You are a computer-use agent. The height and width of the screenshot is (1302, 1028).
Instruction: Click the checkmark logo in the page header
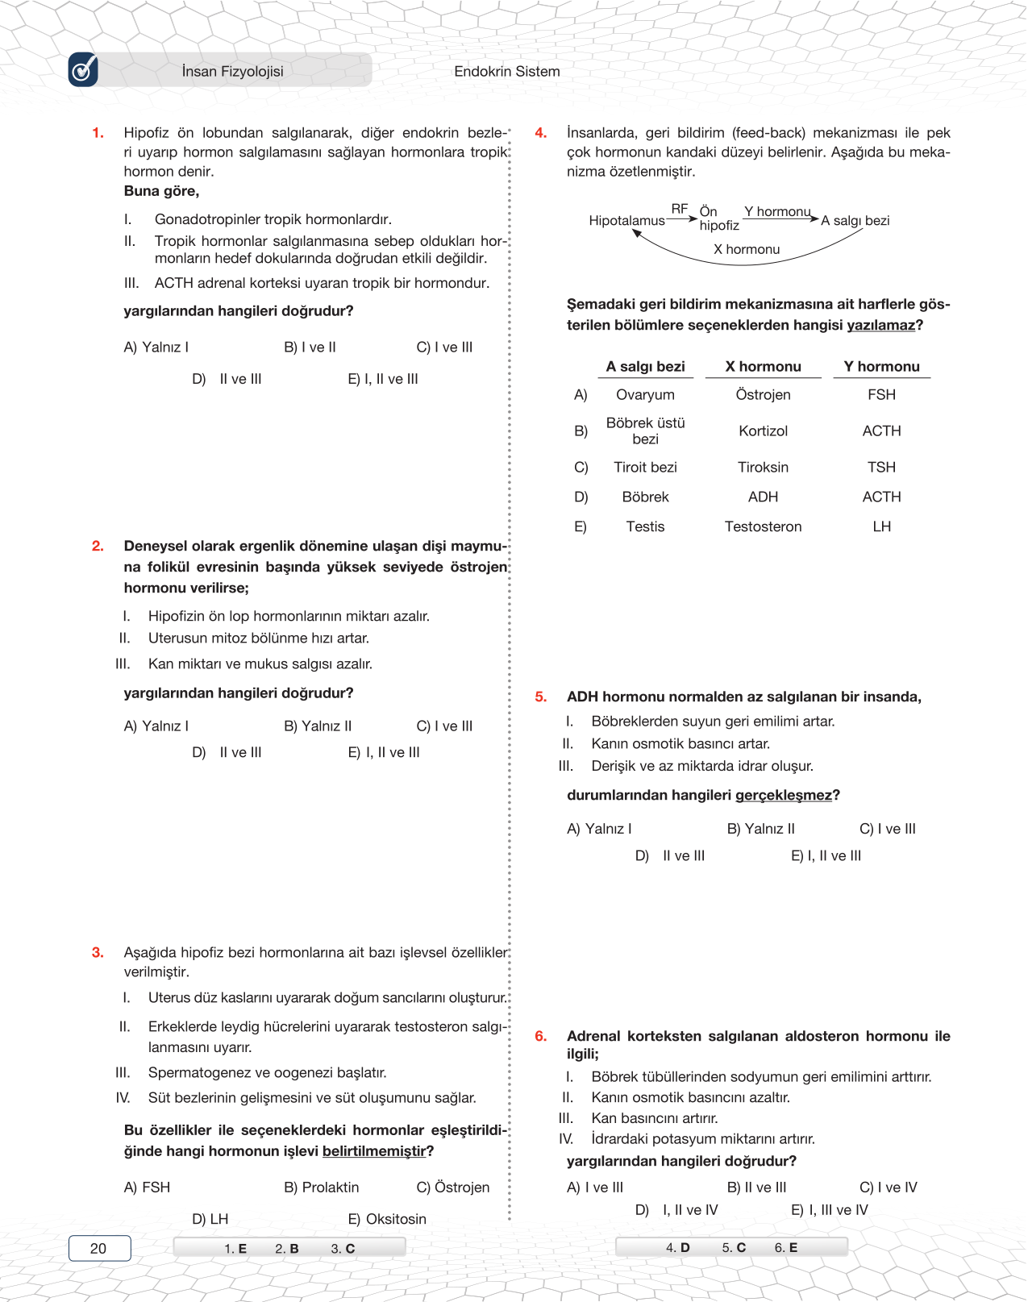[83, 70]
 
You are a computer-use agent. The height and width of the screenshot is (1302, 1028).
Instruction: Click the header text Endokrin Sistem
[506, 72]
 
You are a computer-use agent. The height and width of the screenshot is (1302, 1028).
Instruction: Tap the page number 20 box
[99, 1248]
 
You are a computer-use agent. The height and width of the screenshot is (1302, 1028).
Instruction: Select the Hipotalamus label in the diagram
[626, 221]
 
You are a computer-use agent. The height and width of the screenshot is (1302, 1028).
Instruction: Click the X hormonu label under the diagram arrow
[747, 250]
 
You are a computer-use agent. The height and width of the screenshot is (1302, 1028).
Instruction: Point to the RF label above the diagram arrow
[680, 209]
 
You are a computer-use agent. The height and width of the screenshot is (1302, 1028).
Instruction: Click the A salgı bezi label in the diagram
[855, 221]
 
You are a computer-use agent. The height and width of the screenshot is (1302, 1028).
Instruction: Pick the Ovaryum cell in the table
[645, 395]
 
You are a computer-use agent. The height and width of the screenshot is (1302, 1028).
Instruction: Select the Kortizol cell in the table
[763, 431]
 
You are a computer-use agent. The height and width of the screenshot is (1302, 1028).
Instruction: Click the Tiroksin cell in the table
[763, 468]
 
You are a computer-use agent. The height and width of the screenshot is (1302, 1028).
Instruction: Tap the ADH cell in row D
[763, 497]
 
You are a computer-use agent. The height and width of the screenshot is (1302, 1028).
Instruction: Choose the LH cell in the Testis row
[881, 527]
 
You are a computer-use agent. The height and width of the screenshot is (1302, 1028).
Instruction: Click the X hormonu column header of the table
[763, 367]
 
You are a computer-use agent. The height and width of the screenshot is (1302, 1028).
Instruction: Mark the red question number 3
[98, 953]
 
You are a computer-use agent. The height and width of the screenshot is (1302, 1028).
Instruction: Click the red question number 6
[541, 1037]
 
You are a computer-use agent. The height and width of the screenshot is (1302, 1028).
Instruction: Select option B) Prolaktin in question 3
[322, 1188]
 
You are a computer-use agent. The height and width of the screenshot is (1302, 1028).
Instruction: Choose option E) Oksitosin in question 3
[387, 1219]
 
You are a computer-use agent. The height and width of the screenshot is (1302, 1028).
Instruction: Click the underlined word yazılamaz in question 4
[880, 326]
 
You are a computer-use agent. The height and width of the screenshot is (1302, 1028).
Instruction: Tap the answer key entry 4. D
[678, 1248]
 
